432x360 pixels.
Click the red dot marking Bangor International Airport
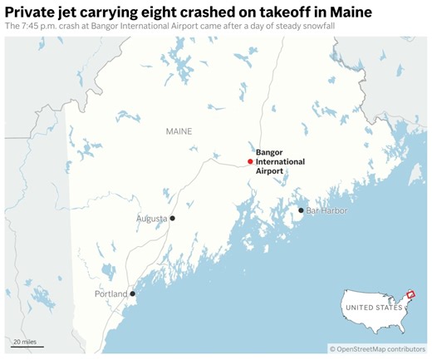(250, 161)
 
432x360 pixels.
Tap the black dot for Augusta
(173, 218)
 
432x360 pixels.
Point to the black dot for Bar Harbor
(301, 210)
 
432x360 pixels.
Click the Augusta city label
(151, 219)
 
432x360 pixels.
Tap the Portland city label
(111, 293)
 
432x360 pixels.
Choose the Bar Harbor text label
(326, 210)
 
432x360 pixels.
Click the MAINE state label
(179, 131)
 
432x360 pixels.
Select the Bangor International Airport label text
(280, 161)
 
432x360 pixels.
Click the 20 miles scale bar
(27, 345)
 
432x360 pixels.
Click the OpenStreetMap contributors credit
(377, 349)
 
